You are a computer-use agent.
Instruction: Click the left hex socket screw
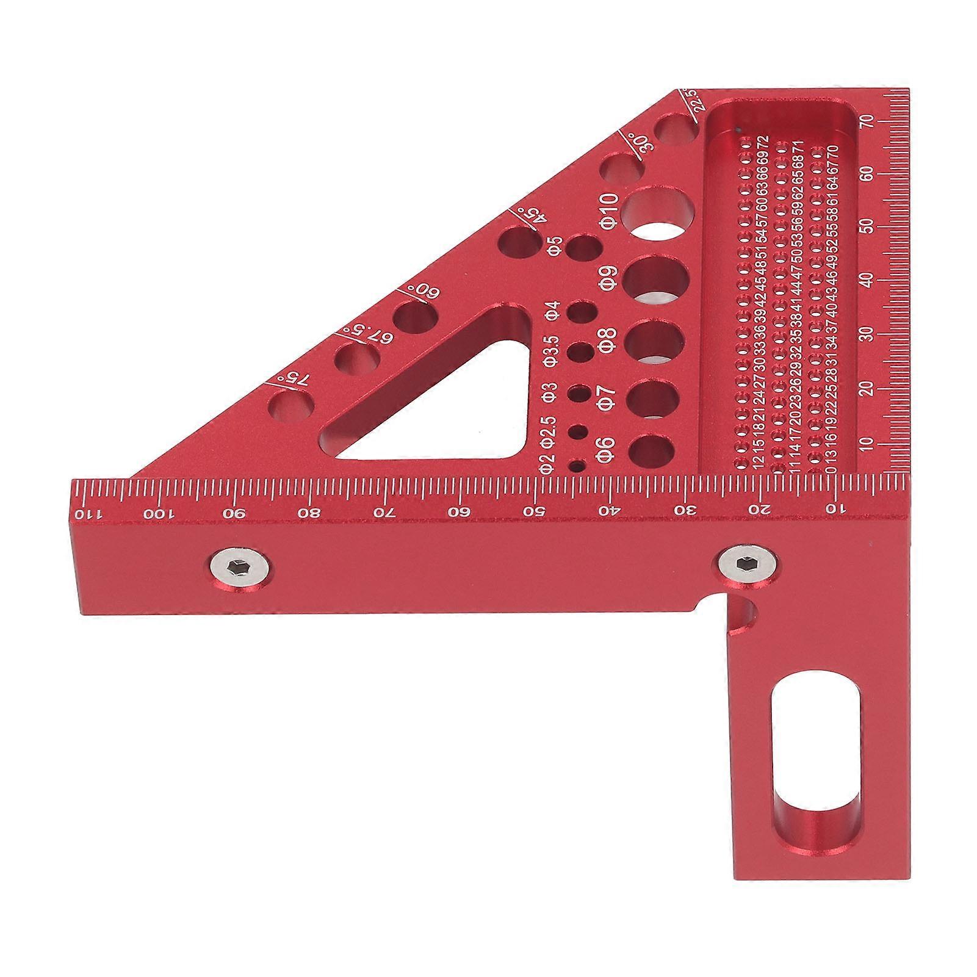click(239, 568)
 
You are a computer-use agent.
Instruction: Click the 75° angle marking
click(294, 381)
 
